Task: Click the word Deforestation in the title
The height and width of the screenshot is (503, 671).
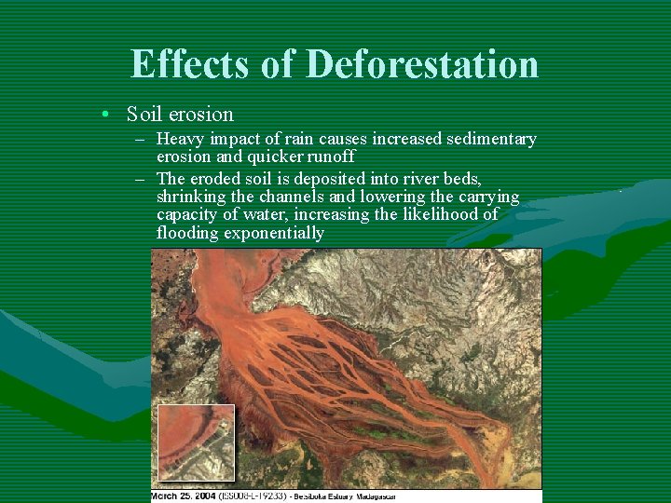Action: click(x=422, y=64)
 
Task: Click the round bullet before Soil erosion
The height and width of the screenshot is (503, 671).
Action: click(x=108, y=115)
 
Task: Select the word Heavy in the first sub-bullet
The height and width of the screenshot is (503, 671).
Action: click(x=181, y=139)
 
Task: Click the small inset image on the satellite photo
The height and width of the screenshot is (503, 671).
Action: click(x=196, y=442)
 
